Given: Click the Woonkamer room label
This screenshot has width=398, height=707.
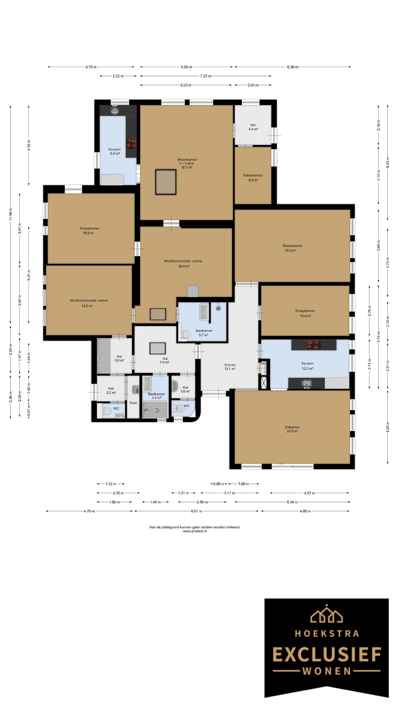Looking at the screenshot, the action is click(187, 160).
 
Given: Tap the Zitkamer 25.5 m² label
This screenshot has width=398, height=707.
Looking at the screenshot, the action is click(292, 429).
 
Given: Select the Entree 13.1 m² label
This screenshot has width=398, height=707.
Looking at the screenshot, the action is click(230, 367).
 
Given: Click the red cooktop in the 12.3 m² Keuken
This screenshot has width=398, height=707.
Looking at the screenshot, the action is click(314, 345).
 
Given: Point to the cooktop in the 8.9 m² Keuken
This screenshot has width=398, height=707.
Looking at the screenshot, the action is click(131, 143).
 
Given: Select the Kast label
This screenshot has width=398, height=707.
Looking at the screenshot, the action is click(133, 403).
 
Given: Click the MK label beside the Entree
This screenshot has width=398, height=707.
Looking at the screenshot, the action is click(263, 364).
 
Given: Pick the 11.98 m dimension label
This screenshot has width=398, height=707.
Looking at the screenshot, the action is click(11, 214).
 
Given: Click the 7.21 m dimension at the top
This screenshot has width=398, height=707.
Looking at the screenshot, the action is click(206, 76).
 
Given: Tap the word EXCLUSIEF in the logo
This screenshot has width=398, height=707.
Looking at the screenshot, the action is click(327, 655).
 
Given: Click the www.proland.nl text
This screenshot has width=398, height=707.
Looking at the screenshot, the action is click(195, 531).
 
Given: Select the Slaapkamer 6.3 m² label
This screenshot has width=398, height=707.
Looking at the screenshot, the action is click(253, 177).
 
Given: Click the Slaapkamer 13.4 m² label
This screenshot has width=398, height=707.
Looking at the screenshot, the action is click(305, 313).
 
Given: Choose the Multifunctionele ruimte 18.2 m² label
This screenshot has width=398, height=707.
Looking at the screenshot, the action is click(89, 303).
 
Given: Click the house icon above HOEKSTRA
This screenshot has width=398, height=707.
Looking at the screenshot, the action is click(327, 613).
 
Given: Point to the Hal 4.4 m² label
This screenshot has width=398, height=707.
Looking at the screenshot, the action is click(253, 127).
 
